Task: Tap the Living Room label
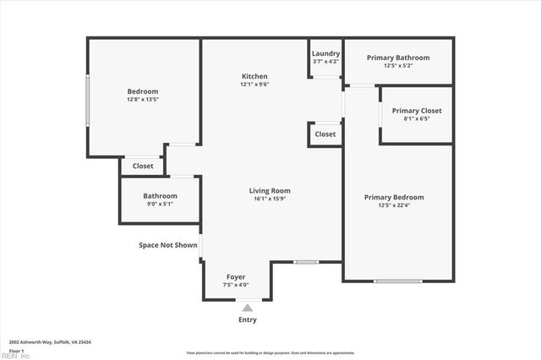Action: click(x=270, y=191)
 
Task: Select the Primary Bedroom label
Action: click(x=394, y=197)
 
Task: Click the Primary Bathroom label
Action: click(x=397, y=57)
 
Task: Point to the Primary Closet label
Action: click(x=417, y=111)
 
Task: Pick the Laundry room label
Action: click(x=325, y=52)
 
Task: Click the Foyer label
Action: click(x=236, y=277)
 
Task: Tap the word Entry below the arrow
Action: click(x=247, y=319)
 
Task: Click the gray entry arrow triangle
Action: click(x=247, y=308)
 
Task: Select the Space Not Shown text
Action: click(x=168, y=245)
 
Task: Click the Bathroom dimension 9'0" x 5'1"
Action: click(x=160, y=204)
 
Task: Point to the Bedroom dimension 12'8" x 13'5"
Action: click(x=143, y=99)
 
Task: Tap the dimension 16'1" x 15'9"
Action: click(x=270, y=199)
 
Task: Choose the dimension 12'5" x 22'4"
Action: click(x=394, y=205)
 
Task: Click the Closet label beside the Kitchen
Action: click(x=325, y=134)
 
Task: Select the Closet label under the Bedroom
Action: click(x=143, y=166)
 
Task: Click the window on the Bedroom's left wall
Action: click(x=87, y=101)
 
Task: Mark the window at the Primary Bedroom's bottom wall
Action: click(x=397, y=281)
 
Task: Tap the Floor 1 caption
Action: click(x=16, y=350)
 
